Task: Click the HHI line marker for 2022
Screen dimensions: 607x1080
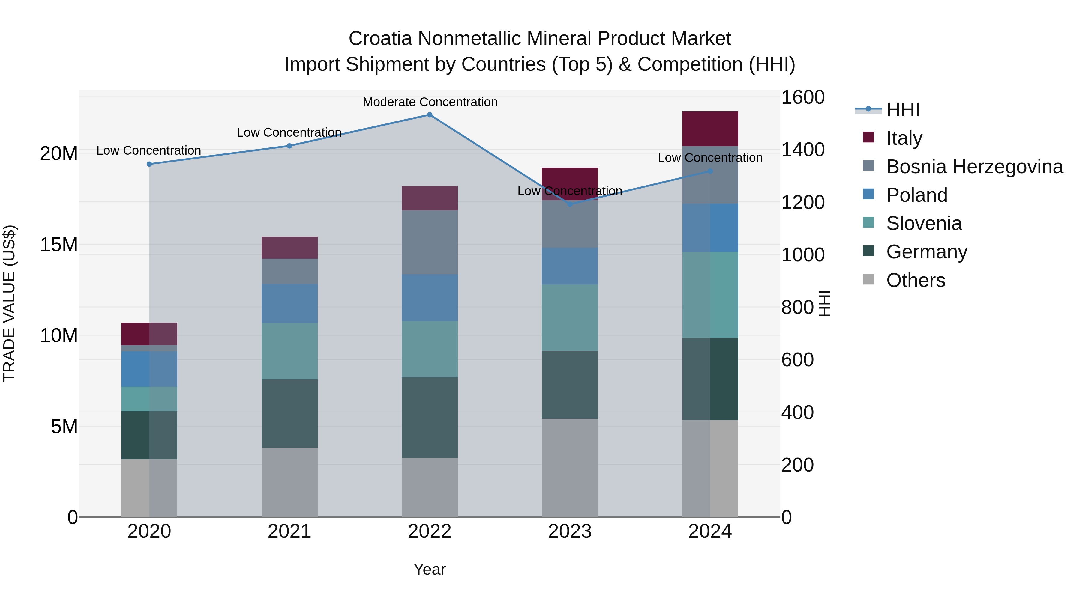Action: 429,115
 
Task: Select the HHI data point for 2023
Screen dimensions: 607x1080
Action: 569,204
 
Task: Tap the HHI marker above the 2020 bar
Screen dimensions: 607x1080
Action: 149,164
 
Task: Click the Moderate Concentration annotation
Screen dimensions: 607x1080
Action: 430,102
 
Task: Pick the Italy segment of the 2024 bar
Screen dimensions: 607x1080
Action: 710,129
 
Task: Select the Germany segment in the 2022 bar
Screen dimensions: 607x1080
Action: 429,417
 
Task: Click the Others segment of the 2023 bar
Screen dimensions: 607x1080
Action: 569,468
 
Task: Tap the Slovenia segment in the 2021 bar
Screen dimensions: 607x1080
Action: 289,351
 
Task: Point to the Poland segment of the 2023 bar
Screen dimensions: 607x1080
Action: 569,266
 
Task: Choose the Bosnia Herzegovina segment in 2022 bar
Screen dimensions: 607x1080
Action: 429,242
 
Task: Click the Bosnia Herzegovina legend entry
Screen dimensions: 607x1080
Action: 974,167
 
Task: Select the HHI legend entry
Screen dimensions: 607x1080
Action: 903,110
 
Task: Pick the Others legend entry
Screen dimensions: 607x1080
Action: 915,280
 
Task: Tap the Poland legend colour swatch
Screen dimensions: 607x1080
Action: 868,194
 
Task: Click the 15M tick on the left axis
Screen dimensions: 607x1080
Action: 59,245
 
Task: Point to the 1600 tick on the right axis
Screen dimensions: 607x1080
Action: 802,97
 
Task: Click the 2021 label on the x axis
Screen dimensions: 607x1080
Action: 289,531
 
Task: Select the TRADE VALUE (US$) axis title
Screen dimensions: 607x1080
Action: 9,303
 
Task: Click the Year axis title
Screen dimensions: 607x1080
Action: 429,569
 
